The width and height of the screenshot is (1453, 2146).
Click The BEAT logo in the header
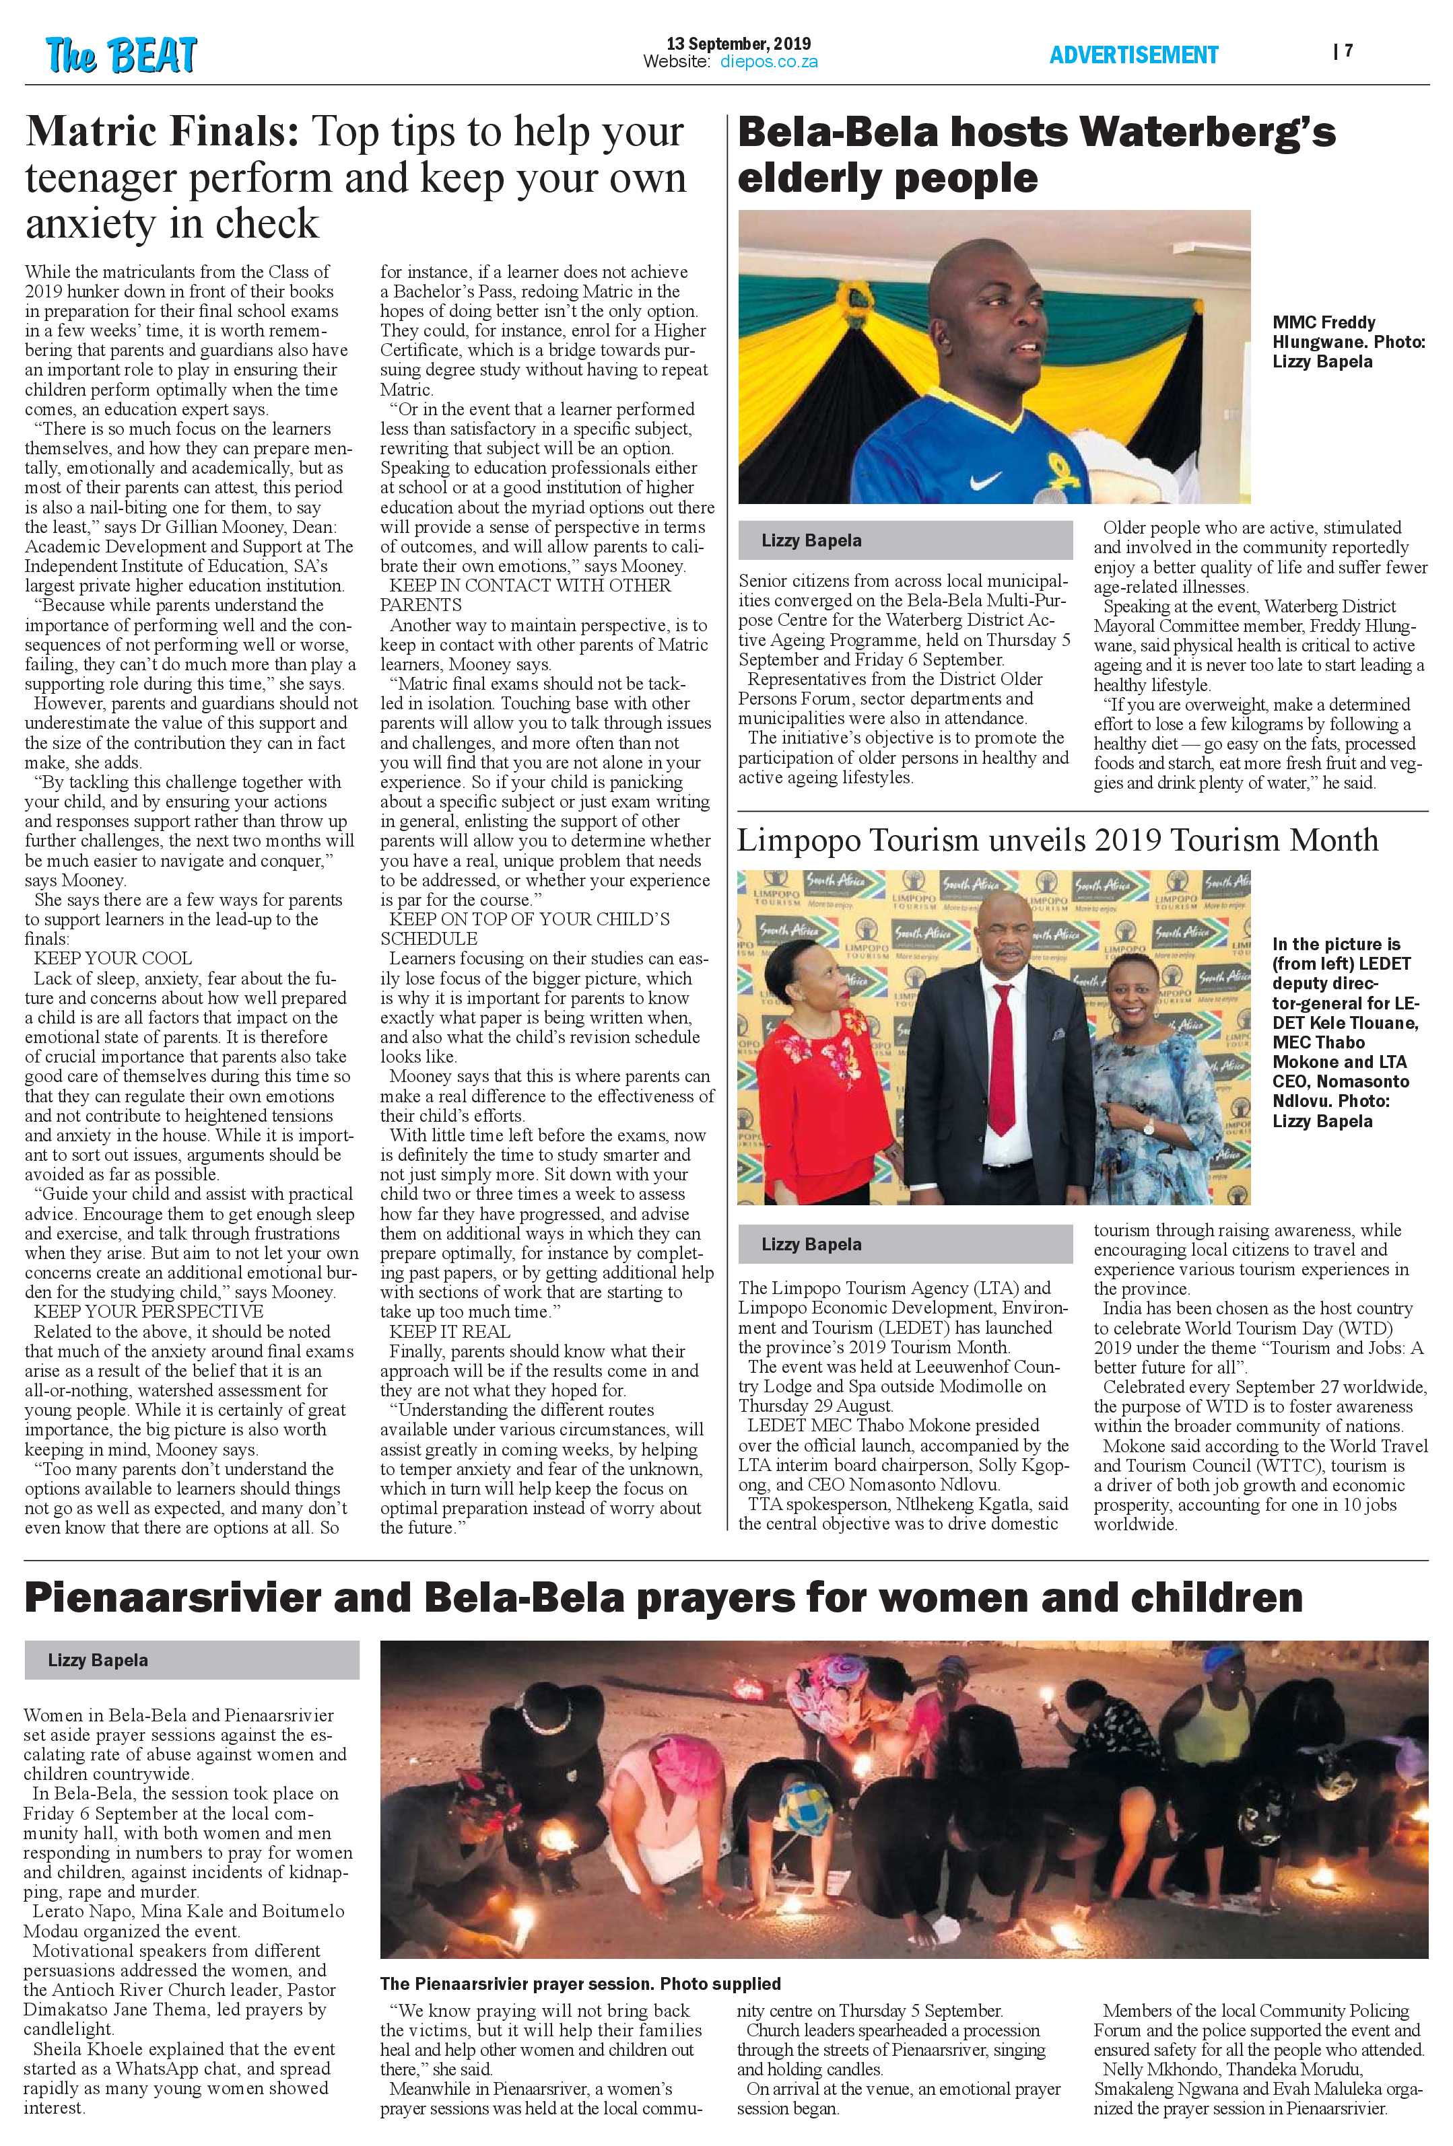(x=121, y=55)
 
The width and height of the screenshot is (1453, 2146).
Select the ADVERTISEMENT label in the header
(x=1133, y=55)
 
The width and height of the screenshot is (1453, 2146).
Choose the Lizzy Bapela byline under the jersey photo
(x=811, y=541)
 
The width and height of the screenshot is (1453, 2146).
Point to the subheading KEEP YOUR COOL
(x=112, y=958)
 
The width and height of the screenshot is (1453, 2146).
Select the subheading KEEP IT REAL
(x=449, y=1332)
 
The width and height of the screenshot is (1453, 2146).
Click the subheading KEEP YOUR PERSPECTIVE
(x=148, y=1312)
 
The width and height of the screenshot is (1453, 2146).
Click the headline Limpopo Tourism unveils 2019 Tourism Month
(x=1058, y=840)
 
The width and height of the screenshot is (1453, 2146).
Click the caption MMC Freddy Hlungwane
(x=1349, y=342)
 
